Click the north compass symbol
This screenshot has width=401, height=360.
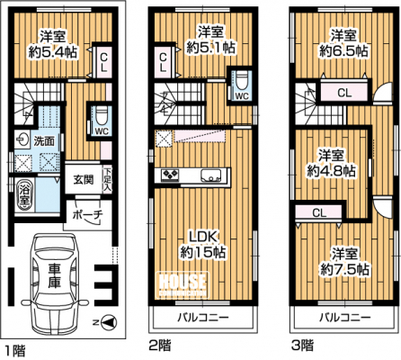pos(109,322)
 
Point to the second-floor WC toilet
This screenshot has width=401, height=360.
pos(241,81)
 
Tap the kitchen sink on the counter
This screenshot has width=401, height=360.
pos(211,175)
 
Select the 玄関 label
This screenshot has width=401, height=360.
pos(84,179)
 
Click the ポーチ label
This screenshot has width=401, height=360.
pos(88,215)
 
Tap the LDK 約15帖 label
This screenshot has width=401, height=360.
pos(203,245)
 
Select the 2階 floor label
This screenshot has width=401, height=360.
pos(161,345)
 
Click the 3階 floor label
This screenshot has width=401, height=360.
pos(302,345)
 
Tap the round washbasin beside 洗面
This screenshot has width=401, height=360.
pos(22,139)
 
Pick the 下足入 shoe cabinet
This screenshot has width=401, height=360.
pos(107,179)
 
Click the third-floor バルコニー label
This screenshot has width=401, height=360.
pos(344,317)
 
